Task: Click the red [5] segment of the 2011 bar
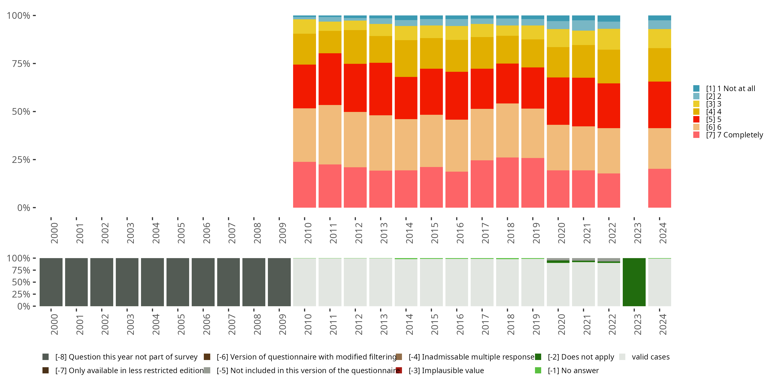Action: (x=330, y=79)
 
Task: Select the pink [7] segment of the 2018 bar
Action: (x=507, y=182)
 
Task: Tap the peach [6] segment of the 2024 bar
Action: (x=659, y=149)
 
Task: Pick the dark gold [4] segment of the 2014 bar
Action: (x=406, y=59)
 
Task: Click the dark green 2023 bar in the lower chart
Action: (x=634, y=282)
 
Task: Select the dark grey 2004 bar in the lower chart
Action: (x=152, y=282)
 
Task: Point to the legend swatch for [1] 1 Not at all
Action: (x=696, y=89)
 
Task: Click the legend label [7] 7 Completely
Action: (x=734, y=135)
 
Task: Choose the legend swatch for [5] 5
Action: (x=696, y=119)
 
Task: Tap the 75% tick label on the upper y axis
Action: (x=21, y=64)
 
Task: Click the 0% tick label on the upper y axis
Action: (x=24, y=208)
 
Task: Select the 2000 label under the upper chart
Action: (x=54, y=233)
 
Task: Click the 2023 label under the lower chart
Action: (x=637, y=324)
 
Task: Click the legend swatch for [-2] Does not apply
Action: (x=538, y=357)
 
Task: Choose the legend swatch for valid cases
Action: (x=622, y=357)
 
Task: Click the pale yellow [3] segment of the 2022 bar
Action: (x=609, y=39)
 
